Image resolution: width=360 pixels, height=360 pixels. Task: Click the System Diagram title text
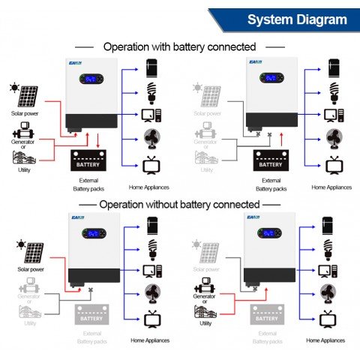pos(297,20)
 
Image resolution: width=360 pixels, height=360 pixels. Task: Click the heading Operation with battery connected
pos(179,46)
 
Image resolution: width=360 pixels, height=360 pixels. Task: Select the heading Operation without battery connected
pos(179,204)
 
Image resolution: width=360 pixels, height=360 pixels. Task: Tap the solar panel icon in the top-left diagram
pos(28,97)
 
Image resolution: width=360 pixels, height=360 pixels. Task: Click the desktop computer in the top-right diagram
pos(330,117)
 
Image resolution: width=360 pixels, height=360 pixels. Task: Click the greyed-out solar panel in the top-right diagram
pos(211,97)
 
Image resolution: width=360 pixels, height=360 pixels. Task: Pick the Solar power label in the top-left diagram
pos(26,114)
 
